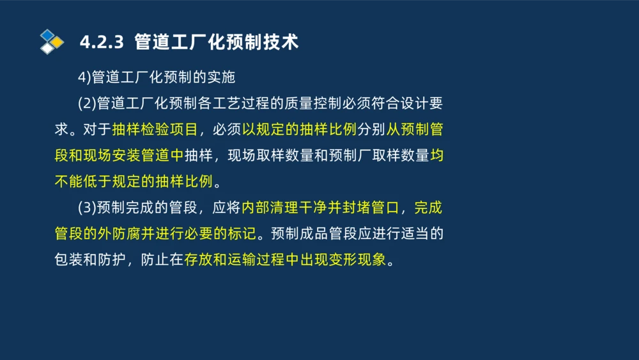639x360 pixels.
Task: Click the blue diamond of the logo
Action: pos(47,35)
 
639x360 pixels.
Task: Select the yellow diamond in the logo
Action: pos(58,42)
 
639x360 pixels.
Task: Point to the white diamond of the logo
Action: pos(47,49)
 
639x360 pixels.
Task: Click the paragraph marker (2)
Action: pos(86,104)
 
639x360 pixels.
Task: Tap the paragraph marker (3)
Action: pos(86,208)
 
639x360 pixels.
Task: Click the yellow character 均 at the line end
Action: pos(436,155)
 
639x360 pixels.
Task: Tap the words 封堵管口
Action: pos(370,208)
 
